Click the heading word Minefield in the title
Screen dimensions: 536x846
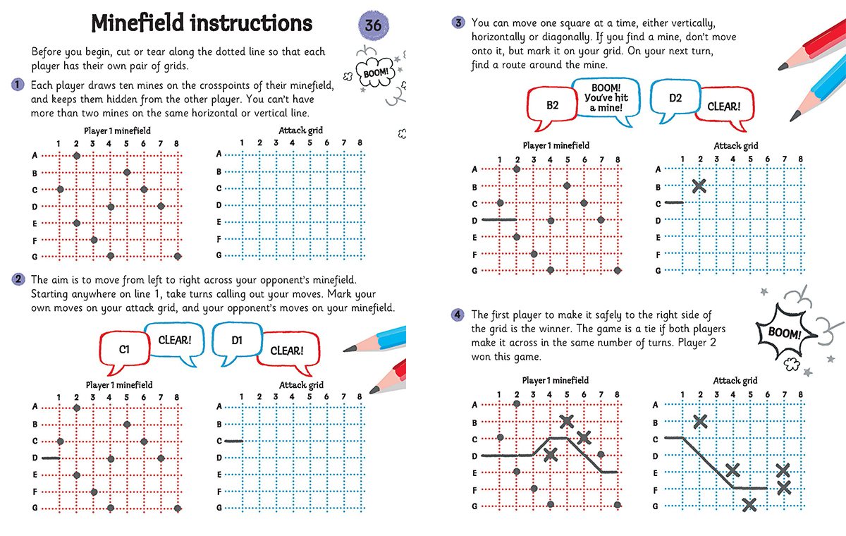click(140, 24)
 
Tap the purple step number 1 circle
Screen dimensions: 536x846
click(16, 85)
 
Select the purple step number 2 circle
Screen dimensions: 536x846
click(16, 280)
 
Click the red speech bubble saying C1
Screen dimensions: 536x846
click(123, 348)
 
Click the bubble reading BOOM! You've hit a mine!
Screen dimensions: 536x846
click(605, 97)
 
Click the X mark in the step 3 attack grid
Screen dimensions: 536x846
click(699, 186)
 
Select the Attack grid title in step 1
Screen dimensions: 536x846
click(301, 130)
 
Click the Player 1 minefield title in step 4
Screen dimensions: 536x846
click(555, 381)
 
